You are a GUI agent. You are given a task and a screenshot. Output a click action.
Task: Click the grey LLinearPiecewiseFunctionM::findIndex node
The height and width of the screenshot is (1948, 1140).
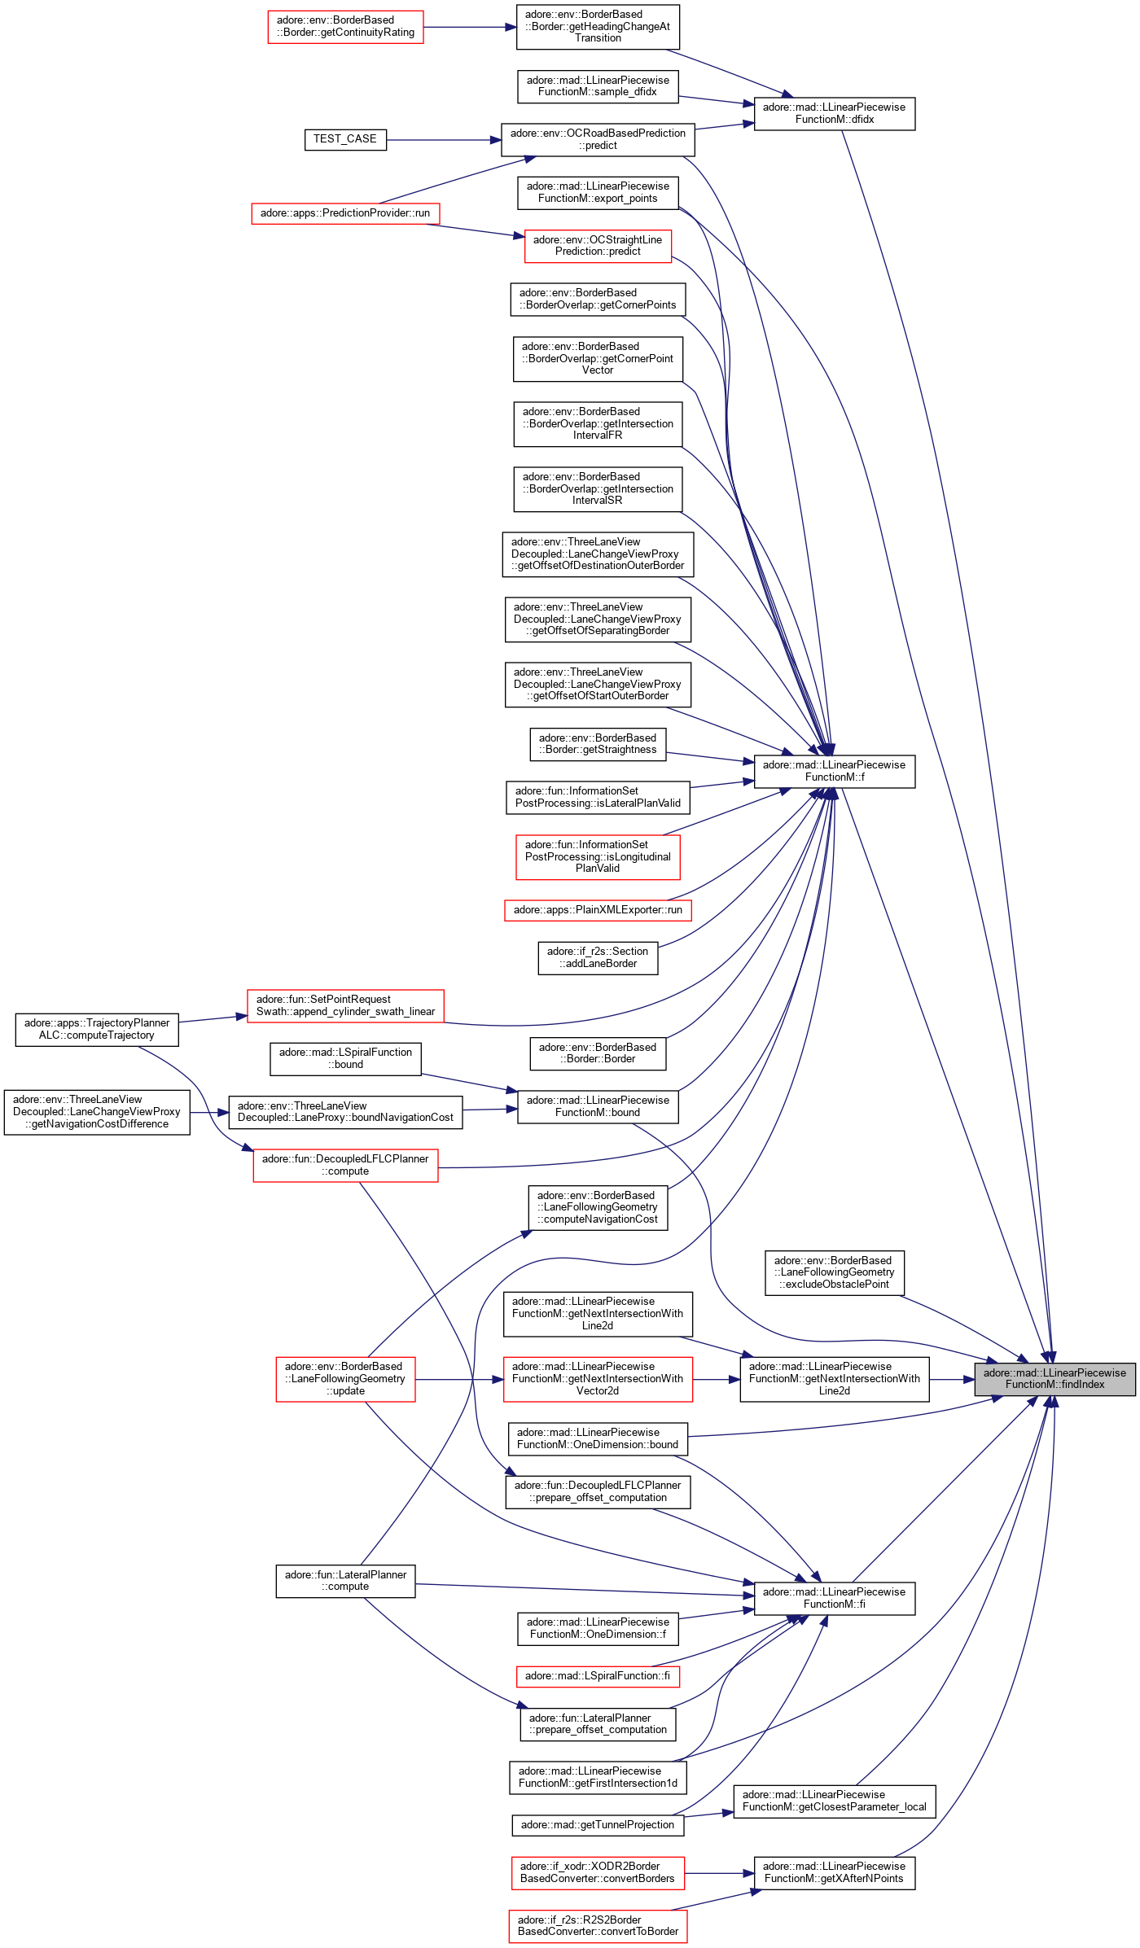pos(1054,1378)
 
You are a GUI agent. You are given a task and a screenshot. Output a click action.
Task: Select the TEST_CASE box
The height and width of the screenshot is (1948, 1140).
pos(344,139)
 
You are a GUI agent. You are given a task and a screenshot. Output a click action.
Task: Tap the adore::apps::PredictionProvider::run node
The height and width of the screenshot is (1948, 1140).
pos(345,213)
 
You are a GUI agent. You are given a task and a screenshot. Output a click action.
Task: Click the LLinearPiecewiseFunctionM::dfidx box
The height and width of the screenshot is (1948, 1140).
pos(834,113)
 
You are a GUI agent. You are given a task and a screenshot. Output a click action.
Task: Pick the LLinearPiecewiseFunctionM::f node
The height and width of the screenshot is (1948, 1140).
pos(834,771)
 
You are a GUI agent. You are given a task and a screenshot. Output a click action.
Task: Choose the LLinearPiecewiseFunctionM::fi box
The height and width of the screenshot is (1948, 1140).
pos(834,1598)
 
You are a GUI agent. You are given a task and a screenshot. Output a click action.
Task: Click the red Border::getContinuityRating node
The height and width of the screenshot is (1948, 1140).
pos(345,27)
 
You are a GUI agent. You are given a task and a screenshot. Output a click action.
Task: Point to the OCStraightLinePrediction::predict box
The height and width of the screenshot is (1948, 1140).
pos(598,246)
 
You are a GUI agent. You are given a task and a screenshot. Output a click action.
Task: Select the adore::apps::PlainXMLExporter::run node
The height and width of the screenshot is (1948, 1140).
pos(598,910)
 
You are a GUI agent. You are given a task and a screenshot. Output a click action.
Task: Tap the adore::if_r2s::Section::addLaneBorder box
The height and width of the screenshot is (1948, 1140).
pos(598,957)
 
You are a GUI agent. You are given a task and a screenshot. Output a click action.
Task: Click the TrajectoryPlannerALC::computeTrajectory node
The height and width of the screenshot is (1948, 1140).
pos(97,1029)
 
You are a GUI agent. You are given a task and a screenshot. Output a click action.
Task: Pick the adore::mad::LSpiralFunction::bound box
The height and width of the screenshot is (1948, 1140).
pos(345,1058)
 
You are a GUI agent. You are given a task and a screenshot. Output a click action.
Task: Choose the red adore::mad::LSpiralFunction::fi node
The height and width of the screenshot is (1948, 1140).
pos(598,1676)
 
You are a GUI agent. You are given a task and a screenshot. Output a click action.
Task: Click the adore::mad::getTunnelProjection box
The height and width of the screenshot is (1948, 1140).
pos(598,1825)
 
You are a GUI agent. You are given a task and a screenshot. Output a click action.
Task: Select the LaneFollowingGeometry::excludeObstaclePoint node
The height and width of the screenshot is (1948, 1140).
pos(834,1272)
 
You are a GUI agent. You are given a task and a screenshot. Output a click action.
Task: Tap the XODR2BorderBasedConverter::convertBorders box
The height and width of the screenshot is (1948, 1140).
pos(598,1872)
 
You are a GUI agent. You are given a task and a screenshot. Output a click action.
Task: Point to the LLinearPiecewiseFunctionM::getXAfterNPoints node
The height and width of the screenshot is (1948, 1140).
pos(834,1872)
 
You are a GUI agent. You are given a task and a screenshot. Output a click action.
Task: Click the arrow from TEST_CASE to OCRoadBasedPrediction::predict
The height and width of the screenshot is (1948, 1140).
pos(444,140)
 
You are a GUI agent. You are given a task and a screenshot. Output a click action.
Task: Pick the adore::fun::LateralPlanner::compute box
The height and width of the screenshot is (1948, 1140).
pos(345,1581)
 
